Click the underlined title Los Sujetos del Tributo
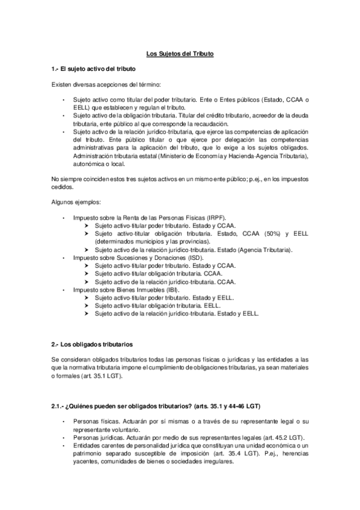[180, 54]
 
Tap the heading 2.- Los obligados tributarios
[92, 344]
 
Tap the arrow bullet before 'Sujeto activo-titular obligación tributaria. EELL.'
[88, 306]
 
